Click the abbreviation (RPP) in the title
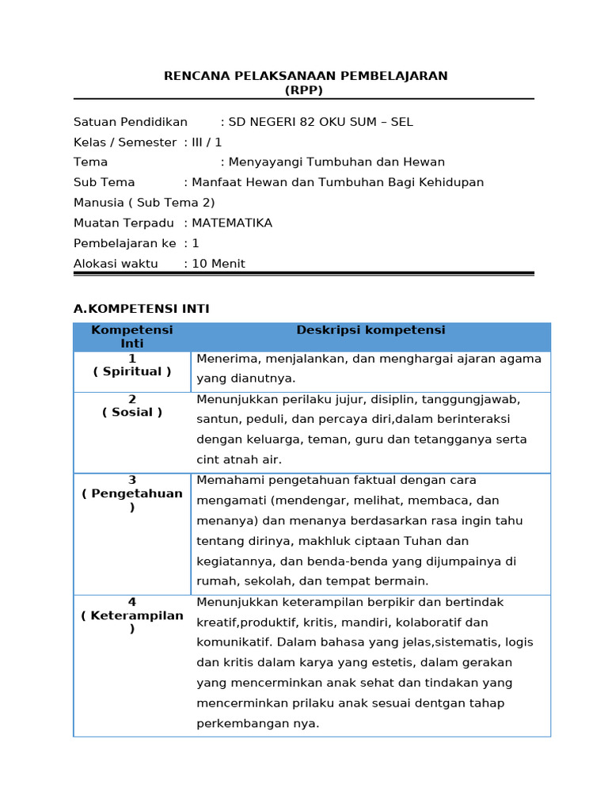(304, 90)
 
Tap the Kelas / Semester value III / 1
(207, 143)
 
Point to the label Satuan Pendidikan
(131, 122)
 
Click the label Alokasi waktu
(116, 264)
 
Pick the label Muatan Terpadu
(123, 223)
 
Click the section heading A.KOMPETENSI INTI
(142, 309)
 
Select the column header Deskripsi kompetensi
(370, 330)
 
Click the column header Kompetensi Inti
(132, 337)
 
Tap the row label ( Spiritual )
(132, 371)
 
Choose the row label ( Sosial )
(132, 412)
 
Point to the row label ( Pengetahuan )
(132, 500)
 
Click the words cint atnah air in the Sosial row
(239, 459)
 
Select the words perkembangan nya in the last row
(258, 723)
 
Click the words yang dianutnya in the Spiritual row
(234, 379)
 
